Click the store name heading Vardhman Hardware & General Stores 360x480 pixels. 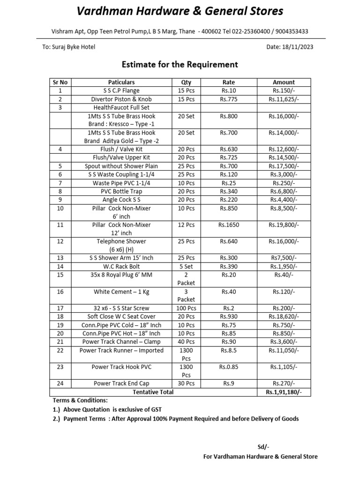pos(180,11)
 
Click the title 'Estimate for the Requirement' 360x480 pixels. pos(180,65)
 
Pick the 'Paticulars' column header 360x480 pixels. pos(121,82)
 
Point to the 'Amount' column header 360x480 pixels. pos(284,82)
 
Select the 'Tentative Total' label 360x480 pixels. pos(153,392)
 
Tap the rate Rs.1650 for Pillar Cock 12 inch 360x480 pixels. pos(229,225)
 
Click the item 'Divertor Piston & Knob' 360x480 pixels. pos(121,99)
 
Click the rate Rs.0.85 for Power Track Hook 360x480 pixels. pos(229,367)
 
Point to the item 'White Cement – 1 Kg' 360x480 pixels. pos(121,292)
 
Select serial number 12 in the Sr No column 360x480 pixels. pos(60,241)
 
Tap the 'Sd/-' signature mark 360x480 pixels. pos(263,446)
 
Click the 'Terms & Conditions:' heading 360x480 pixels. pos(80,400)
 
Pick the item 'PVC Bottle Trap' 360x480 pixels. pos(121,191)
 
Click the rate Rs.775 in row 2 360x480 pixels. pos(229,99)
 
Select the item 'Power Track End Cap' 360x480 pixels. pos(121,383)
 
